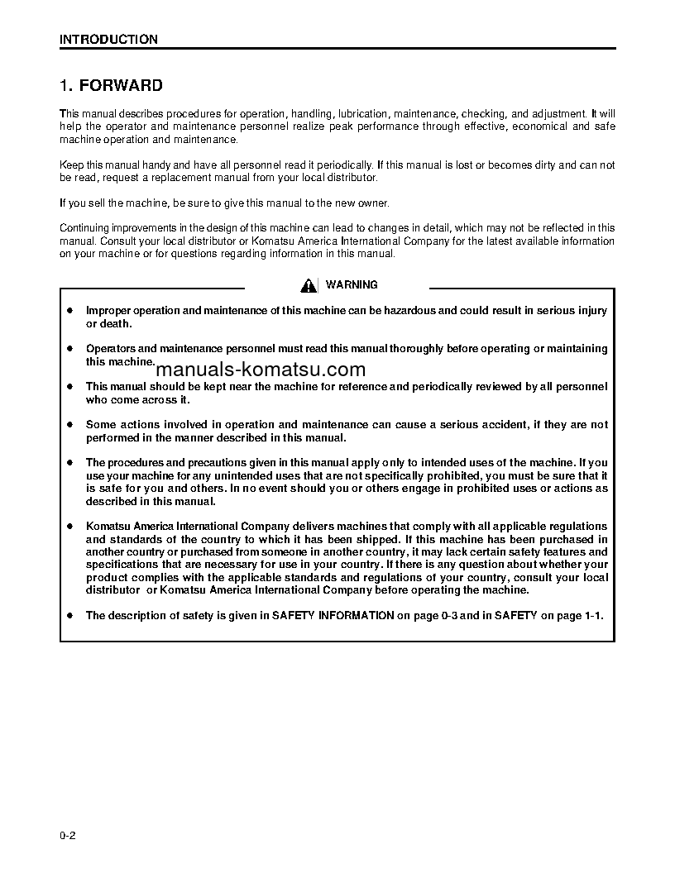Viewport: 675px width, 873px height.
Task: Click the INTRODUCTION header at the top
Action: [x=108, y=40]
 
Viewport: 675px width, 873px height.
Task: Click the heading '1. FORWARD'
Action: [x=112, y=86]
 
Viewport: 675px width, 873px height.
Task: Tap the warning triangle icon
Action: [x=309, y=285]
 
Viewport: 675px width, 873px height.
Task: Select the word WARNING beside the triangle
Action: [x=352, y=284]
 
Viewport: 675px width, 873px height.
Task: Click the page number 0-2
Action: [x=68, y=837]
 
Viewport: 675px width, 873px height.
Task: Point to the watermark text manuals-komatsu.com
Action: [x=260, y=370]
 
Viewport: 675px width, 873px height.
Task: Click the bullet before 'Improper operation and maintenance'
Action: [x=70, y=311]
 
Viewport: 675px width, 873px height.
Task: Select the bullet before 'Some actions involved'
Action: [x=70, y=425]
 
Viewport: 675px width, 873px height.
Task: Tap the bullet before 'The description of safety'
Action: [x=70, y=615]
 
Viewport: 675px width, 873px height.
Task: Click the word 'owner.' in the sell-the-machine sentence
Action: [x=371, y=203]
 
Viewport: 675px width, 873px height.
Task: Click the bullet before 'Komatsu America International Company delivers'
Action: [x=70, y=527]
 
